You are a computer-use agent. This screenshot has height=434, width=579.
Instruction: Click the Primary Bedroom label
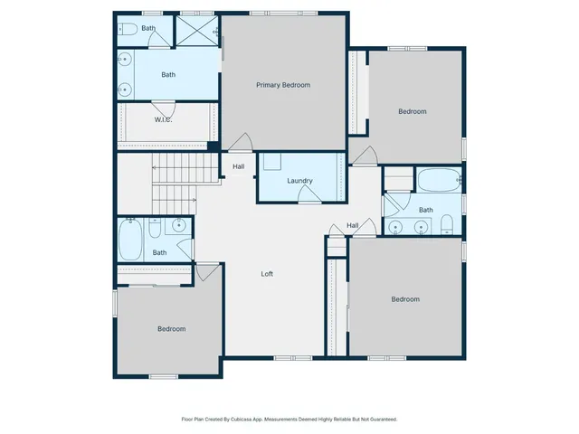(x=283, y=85)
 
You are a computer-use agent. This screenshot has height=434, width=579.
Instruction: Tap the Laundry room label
(x=299, y=181)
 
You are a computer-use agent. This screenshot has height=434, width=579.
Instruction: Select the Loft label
(x=267, y=274)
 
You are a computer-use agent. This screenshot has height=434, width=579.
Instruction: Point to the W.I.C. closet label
(x=163, y=119)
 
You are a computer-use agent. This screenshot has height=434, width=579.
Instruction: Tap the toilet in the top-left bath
(x=128, y=29)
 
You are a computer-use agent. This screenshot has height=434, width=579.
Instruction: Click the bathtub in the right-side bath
(x=440, y=181)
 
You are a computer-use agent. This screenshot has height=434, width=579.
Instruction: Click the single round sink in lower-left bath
(x=180, y=225)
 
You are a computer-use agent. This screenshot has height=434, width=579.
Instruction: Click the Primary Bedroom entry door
(x=240, y=143)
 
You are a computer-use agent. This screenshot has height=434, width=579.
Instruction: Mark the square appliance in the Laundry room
(x=271, y=163)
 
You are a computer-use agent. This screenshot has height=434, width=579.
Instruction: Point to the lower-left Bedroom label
(x=171, y=329)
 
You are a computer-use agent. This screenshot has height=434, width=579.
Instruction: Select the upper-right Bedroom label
(x=413, y=111)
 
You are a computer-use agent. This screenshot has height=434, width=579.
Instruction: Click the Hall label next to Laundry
(x=239, y=166)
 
